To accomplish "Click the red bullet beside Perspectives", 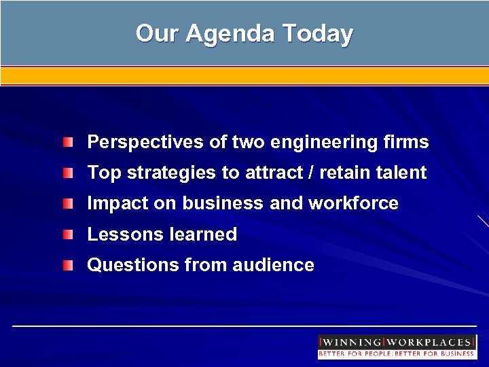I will click(x=70, y=143).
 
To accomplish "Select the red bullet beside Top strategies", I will click(x=70, y=173).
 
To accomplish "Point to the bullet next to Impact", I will click(x=70, y=204).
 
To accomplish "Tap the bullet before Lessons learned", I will click(x=70, y=234).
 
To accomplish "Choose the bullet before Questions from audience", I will click(x=70, y=265).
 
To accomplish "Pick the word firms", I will click(x=407, y=143).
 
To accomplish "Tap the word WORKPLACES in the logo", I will click(x=430, y=342).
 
